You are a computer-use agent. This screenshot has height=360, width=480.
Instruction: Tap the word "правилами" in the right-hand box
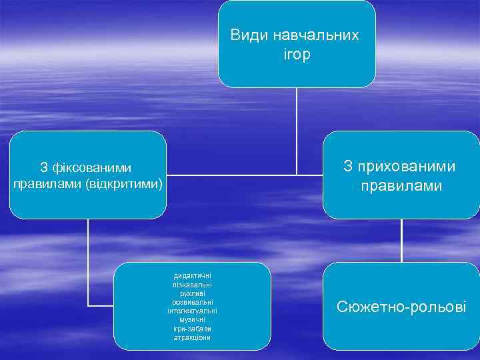pyautogui.click(x=401, y=185)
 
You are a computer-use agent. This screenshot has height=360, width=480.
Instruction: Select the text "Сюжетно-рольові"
pyautogui.click(x=401, y=307)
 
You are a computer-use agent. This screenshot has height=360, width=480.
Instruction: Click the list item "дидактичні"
pyautogui.click(x=192, y=276)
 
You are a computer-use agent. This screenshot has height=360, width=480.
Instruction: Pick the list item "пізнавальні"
pyautogui.click(x=192, y=285)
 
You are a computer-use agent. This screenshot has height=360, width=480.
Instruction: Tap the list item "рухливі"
pyautogui.click(x=192, y=293)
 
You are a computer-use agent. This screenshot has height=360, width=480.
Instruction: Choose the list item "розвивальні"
pyautogui.click(x=192, y=302)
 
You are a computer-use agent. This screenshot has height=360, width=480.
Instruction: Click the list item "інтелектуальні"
pyautogui.click(x=192, y=311)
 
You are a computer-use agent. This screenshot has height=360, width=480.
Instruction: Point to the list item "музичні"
pyautogui.click(x=192, y=319)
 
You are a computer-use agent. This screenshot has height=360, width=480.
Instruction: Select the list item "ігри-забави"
pyautogui.click(x=192, y=328)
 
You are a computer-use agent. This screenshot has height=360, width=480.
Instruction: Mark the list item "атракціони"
pyautogui.click(x=192, y=337)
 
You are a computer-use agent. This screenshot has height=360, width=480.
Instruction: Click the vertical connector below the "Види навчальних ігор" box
pyautogui.click(x=297, y=130)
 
